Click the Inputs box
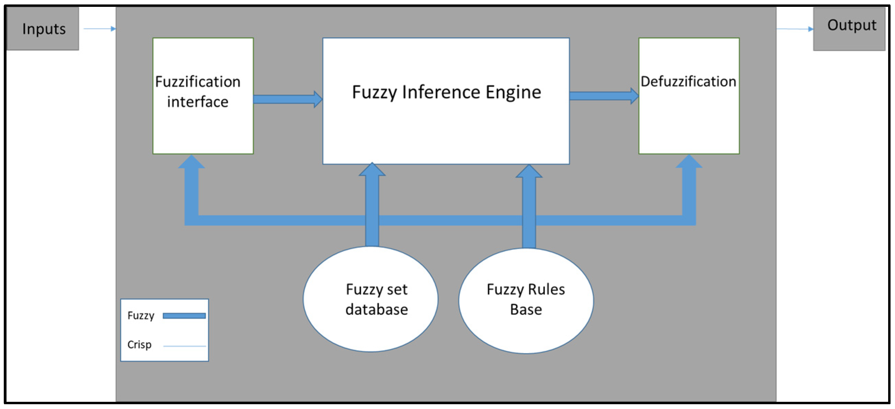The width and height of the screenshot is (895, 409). tap(43, 29)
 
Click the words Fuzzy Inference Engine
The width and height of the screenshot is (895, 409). tap(446, 92)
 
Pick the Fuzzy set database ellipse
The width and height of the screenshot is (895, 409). tap(370, 299)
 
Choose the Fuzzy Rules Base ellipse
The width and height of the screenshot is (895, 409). tap(526, 301)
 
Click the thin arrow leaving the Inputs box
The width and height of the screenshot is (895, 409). tap(99, 29)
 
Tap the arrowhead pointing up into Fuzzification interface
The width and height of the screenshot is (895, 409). tap(191, 162)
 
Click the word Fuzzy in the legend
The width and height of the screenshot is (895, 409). tap(141, 316)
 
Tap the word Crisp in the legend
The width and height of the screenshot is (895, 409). tap(139, 344)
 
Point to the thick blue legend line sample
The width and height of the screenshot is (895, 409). tap(184, 316)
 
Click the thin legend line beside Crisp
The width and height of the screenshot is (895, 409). tap(184, 346)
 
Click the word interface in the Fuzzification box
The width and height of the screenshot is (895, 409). tap(197, 102)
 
